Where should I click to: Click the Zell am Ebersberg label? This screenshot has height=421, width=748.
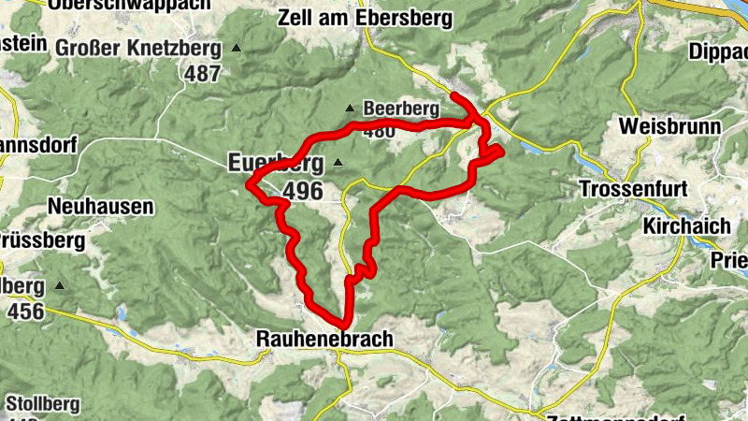pos(365,18)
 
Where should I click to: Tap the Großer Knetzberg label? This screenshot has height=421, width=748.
pos(137,48)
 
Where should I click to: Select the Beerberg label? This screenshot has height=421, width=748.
pos(401,109)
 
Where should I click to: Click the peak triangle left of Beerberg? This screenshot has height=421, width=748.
pos(350,108)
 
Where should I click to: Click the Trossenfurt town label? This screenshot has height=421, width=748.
pos(633,189)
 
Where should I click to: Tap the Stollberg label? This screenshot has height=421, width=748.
pos(42,404)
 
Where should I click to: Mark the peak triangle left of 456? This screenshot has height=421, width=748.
pos(61,285)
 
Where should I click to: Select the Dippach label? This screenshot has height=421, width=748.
pos(718,53)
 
